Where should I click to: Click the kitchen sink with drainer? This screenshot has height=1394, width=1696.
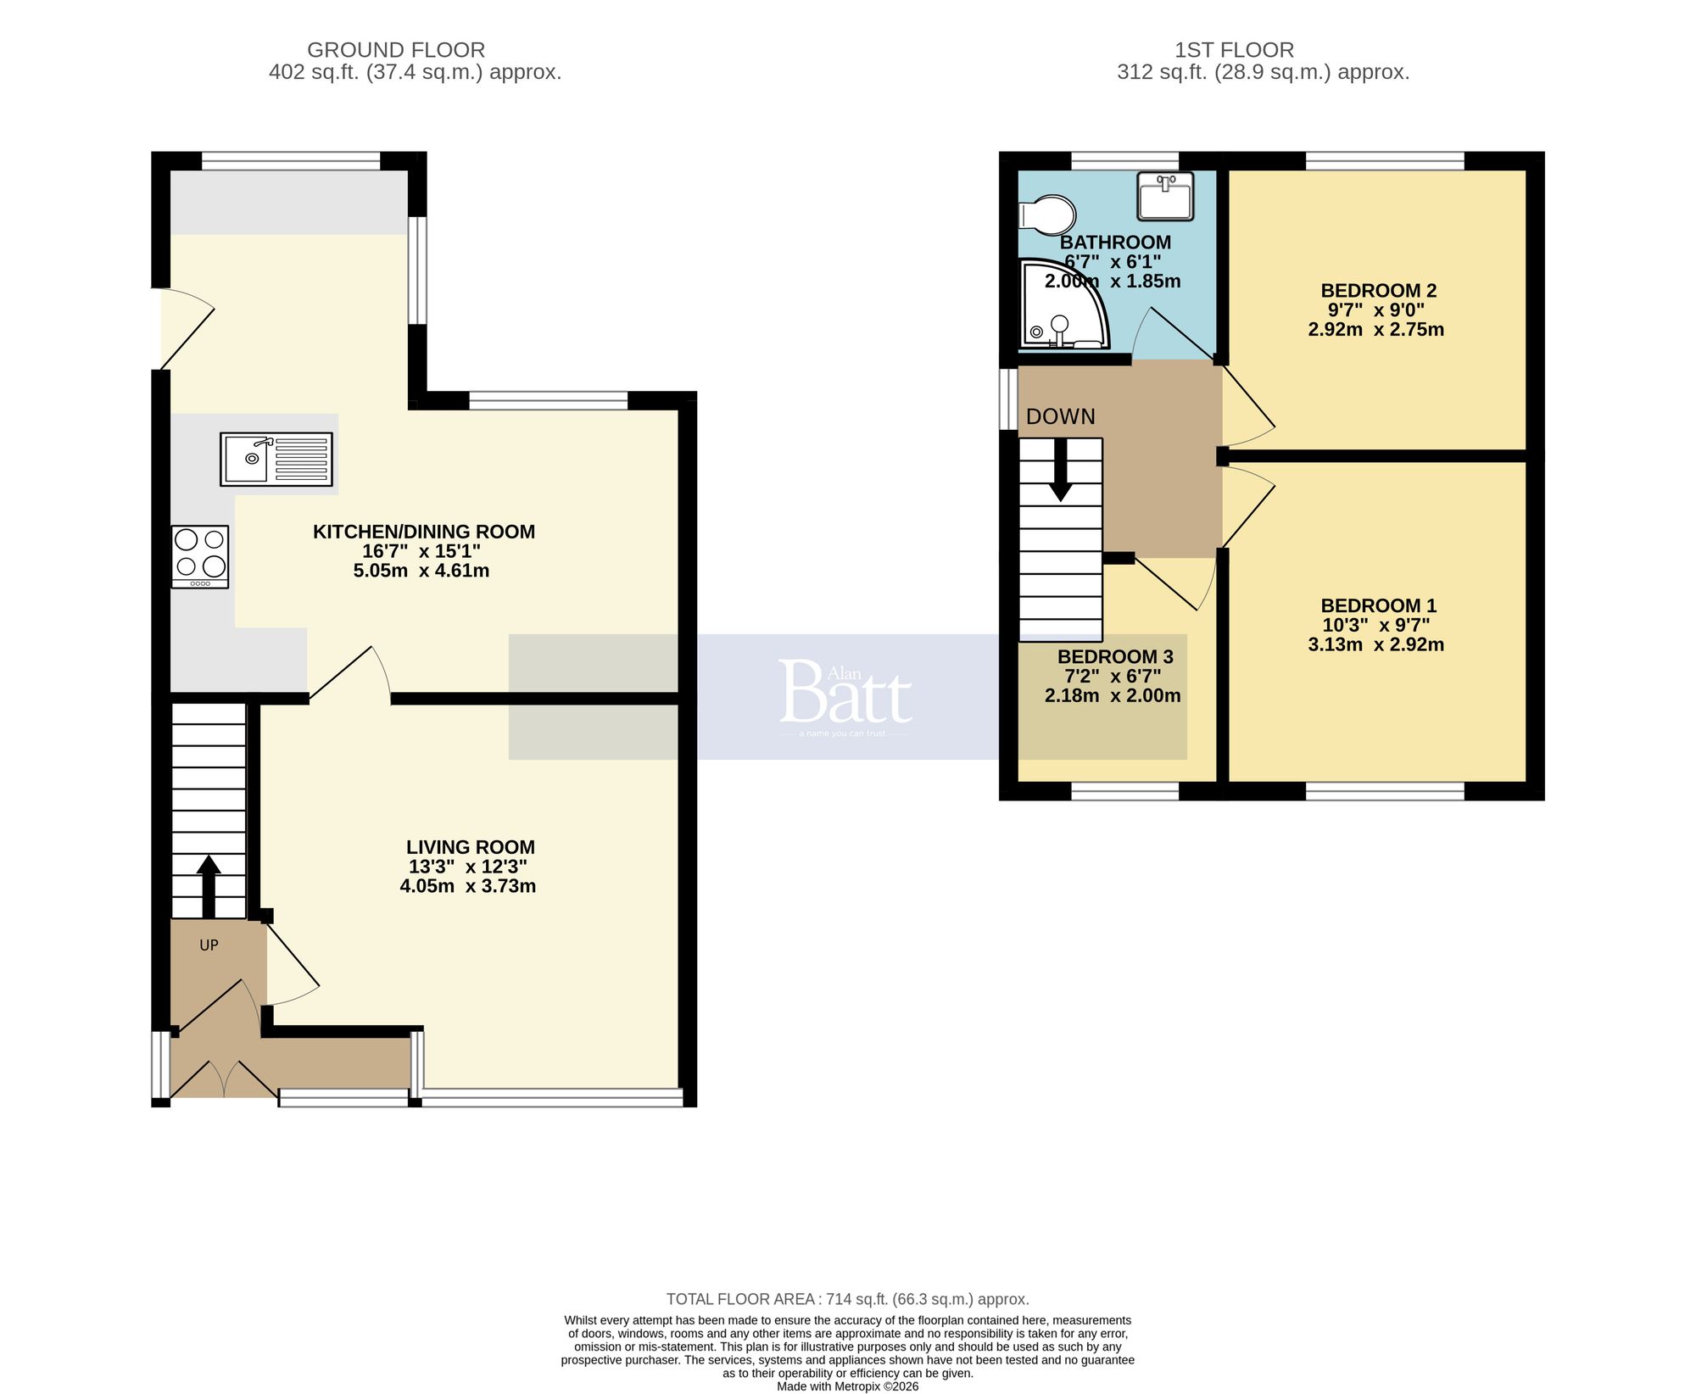276,459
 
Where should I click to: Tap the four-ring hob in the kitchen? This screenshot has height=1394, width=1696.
200,556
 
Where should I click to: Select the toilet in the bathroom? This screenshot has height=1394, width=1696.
1048,215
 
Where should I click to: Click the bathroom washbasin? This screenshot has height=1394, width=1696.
1165,196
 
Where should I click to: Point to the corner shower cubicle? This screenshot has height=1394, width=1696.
1060,307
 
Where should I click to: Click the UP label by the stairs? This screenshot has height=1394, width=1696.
209,945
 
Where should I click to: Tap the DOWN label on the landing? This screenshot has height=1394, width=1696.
1060,416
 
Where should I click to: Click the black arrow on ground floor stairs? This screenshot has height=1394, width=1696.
209,885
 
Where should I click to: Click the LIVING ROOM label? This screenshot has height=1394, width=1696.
470,847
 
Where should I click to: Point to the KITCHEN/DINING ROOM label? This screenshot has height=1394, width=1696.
423,532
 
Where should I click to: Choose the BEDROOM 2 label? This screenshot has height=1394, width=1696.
1378,291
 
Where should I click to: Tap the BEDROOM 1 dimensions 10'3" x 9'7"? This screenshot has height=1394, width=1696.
1375,626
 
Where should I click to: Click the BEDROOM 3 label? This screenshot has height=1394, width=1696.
1114,656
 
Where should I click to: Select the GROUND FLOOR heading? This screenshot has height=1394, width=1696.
396,50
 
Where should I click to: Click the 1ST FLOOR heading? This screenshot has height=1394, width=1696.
1234,50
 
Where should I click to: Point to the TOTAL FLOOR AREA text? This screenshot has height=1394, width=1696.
847,1299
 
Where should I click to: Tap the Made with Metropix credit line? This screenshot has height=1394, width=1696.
847,1386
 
